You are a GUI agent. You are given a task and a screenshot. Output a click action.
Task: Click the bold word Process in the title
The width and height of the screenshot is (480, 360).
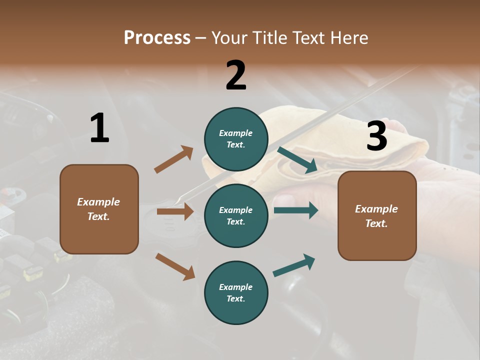pos(157,37)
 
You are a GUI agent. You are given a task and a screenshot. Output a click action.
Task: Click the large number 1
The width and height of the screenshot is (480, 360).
pos(99,128)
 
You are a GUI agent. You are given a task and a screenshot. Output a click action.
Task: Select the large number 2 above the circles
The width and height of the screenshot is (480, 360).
pos(236,75)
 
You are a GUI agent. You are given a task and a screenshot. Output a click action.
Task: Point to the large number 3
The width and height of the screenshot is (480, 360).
pos(376,136)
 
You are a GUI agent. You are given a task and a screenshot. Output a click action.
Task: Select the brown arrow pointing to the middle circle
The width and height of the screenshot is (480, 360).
pos(175,211)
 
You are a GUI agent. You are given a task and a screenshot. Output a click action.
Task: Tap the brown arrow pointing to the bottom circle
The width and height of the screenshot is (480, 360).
pos(175,266)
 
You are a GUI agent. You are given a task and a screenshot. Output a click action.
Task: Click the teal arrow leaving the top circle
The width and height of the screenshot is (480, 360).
pos(297,160)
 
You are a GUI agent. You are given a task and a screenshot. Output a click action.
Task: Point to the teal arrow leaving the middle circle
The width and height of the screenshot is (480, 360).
pos(296,210)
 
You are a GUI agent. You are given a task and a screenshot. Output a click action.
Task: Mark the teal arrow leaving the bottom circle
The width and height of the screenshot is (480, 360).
pos(294,265)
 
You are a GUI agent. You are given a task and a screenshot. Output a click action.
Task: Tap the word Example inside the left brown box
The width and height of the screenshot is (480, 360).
pos(98,202)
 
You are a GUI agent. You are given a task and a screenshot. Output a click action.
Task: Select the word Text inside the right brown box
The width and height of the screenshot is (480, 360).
pos(376,223)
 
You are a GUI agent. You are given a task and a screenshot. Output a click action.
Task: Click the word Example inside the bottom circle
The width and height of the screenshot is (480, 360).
pos(236,287)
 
